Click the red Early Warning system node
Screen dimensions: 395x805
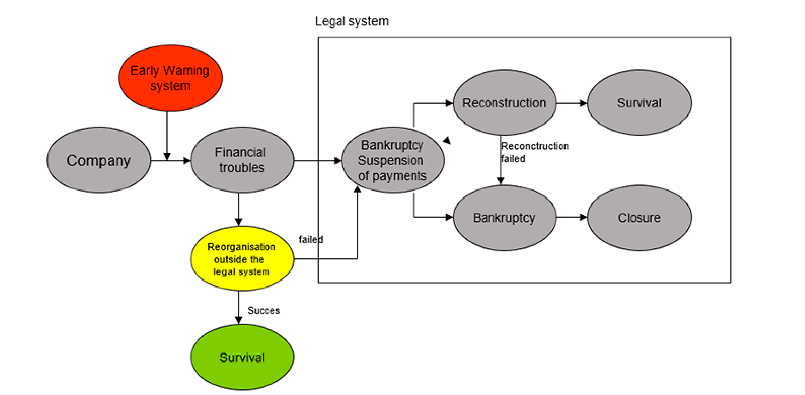pyautogui.click(x=170, y=78)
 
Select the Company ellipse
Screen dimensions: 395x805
pyautogui.click(x=99, y=160)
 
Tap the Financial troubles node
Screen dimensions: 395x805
pyautogui.click(x=242, y=160)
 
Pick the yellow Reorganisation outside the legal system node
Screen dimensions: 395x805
pyautogui.click(x=242, y=259)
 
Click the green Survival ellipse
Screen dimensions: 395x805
pyautogui.click(x=242, y=357)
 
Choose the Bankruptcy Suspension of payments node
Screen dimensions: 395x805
pyautogui.click(x=393, y=160)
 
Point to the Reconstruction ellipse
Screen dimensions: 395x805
pyautogui.click(x=504, y=103)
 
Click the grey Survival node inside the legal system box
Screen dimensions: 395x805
pyautogui.click(x=639, y=103)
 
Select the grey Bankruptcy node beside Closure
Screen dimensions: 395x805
pyautogui.click(x=504, y=218)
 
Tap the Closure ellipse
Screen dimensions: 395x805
pyautogui.click(x=639, y=218)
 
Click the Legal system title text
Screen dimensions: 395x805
pyautogui.click(x=352, y=21)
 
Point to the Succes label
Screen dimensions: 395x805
pyautogui.click(x=264, y=311)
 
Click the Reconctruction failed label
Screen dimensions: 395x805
pyautogui.click(x=535, y=152)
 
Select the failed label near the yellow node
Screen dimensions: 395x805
pyautogui.click(x=311, y=240)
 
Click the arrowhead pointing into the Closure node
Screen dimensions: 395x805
pyautogui.click(x=584, y=218)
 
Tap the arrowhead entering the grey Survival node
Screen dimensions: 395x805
pyautogui.click(x=584, y=103)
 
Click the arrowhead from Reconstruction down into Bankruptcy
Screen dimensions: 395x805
pyautogui.click(x=501, y=181)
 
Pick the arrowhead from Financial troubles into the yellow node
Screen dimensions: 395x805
pyautogui.click(x=238, y=222)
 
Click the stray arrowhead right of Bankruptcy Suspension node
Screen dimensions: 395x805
pyautogui.click(x=447, y=141)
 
